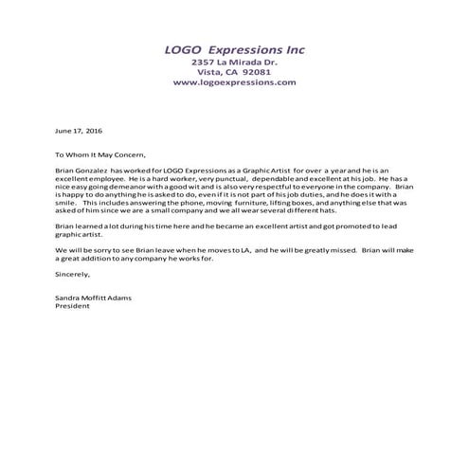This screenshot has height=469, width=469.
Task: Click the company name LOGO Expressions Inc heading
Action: click(x=234, y=50)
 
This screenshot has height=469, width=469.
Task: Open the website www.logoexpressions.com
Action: click(x=234, y=82)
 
